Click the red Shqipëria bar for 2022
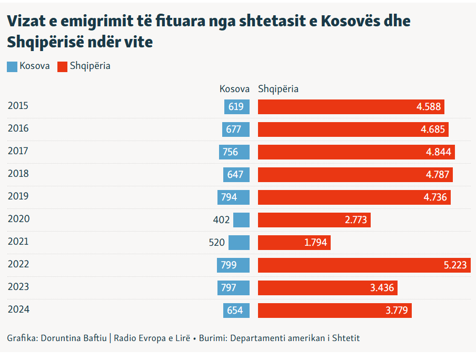pos(363,265)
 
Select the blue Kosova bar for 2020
pos(242,220)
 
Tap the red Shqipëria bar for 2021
pos(294,243)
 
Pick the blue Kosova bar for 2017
pos(234,152)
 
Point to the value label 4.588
pos(428,107)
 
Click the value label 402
pos(221,220)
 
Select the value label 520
pos(216,243)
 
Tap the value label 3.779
pos(396,311)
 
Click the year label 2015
pos(18,106)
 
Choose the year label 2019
pos(18,196)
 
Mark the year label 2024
pos(18,309)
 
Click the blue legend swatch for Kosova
pos(12,67)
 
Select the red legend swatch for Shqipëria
pos(62,67)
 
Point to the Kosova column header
pos(234,89)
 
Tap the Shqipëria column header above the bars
pos(278,89)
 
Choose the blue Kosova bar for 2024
pos(236,311)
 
